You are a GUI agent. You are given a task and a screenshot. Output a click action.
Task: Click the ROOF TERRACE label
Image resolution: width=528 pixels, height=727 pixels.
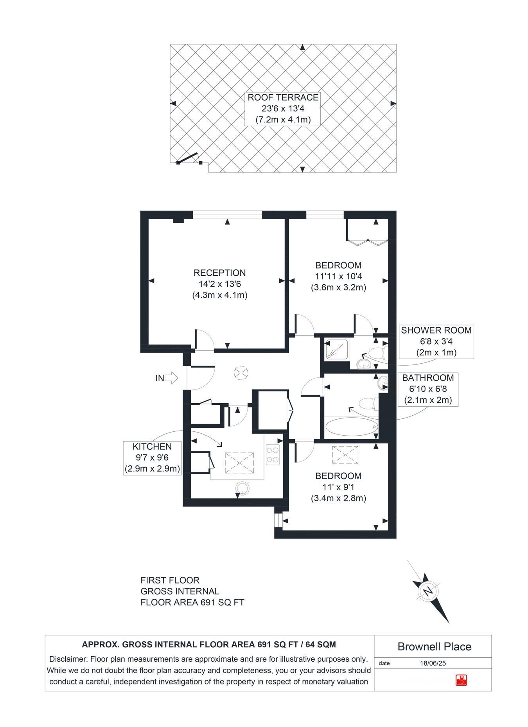point(283,97)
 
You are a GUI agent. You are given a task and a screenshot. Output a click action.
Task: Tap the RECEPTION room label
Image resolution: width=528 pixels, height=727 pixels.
point(219,273)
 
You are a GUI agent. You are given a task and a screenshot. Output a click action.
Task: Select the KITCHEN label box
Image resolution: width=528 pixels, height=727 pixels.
point(152,458)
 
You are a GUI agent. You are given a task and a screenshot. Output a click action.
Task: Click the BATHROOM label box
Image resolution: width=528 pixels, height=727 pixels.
point(428,389)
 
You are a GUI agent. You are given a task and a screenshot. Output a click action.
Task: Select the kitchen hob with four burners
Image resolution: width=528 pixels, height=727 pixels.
point(274,455)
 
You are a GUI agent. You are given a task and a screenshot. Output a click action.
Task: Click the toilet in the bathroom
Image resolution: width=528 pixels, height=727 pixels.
point(368,403)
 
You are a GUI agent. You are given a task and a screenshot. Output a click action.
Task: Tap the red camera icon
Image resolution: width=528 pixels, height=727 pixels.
point(462,680)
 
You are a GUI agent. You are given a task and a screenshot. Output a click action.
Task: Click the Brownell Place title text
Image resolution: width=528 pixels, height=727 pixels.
point(434,646)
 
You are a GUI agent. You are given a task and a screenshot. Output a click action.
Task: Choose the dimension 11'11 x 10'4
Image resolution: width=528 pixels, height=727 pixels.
point(339,276)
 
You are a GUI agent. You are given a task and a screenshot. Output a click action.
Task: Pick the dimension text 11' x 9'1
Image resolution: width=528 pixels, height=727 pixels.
point(339,487)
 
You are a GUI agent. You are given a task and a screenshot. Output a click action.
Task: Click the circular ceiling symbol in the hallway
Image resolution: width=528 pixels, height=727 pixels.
point(241,372)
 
